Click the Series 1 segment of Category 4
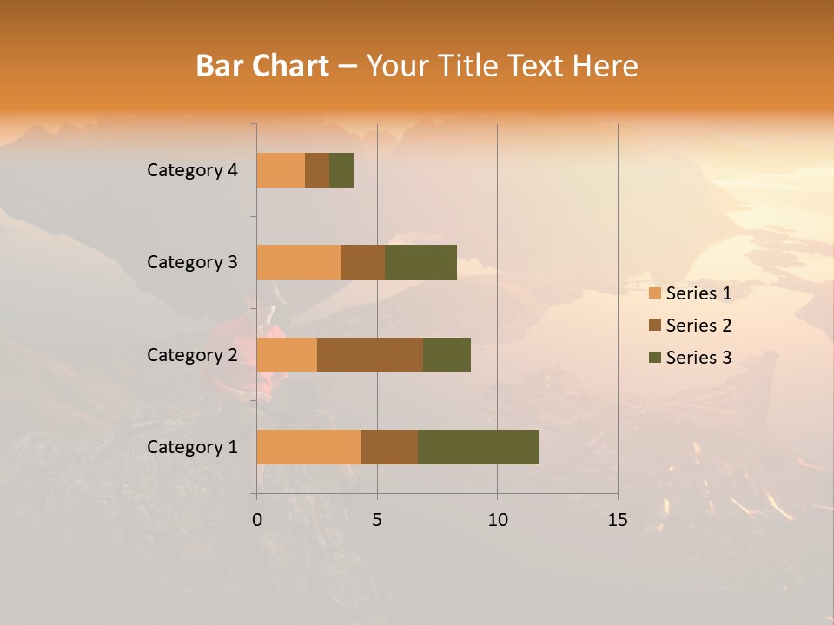[x=281, y=170]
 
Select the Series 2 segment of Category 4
[x=317, y=170]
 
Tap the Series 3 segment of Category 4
[x=341, y=170]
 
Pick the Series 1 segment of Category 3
[x=299, y=262]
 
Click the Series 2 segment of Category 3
[x=363, y=262]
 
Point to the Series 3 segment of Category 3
[x=420, y=262]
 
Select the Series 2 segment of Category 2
[x=370, y=354]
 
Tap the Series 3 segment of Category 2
[x=447, y=354]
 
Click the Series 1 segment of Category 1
[x=308, y=447]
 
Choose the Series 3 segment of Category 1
[x=478, y=447]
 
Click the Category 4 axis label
[x=192, y=170]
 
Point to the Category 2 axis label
[x=192, y=354]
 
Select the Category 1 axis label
[x=192, y=447]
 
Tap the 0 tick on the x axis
[x=257, y=520]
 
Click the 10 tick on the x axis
[x=497, y=520]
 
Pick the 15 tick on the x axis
[x=618, y=520]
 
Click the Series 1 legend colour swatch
[x=655, y=293]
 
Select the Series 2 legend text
[x=698, y=326]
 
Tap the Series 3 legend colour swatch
[x=655, y=358]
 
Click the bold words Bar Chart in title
[x=262, y=66]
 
